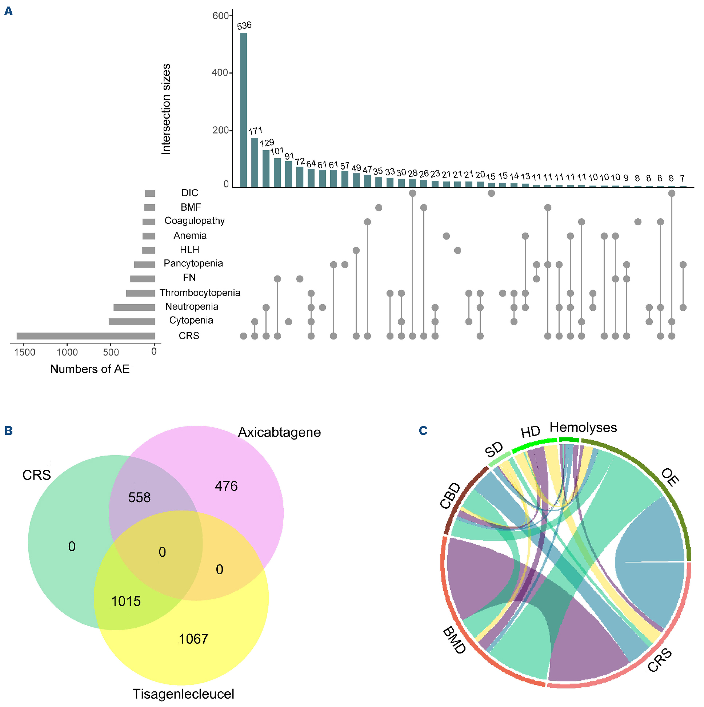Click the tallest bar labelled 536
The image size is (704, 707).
coord(243,110)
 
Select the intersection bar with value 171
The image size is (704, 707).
coord(255,163)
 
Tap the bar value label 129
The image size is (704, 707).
coord(267,143)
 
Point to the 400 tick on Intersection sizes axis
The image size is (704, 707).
coord(220,73)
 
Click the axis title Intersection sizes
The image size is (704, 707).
coord(166,109)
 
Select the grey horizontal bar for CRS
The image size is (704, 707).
coord(85,336)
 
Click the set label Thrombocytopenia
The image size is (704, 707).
coord(200,293)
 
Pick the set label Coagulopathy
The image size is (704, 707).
coord(194,221)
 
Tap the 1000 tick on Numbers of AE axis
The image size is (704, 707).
coord(67,352)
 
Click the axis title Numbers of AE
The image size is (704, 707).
coord(90,369)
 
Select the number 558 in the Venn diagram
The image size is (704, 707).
coord(139,497)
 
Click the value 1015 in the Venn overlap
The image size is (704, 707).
coord(126,601)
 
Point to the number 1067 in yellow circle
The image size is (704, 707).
coord(193,639)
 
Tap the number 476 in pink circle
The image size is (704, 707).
coord(227,486)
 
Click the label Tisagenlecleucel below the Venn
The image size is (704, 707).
coord(183,694)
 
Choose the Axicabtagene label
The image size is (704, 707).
coord(279,432)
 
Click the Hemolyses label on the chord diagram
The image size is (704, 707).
coord(583,428)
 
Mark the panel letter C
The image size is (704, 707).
coord(423,430)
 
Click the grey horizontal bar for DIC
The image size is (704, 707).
coord(150,193)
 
